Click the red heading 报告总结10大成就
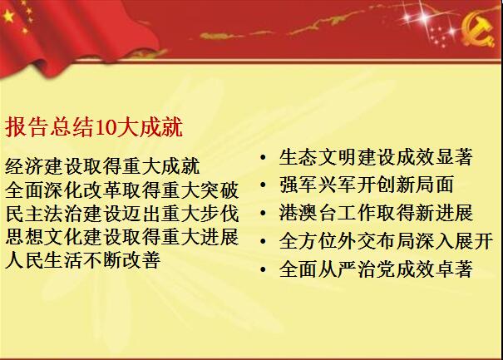(94, 127)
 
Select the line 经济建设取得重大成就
(102, 166)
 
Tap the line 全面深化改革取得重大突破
(122, 190)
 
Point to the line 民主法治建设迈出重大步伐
(122, 214)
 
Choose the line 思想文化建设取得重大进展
(122, 237)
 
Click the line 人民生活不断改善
(83, 260)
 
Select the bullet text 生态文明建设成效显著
(376, 157)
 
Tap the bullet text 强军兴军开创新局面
(367, 185)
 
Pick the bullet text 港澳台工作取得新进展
(376, 213)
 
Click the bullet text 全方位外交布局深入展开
(386, 240)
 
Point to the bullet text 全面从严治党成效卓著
(376, 269)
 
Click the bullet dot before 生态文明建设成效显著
(263, 157)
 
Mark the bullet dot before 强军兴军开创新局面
(263, 185)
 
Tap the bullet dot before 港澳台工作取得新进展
(263, 213)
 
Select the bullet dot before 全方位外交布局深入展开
(263, 241)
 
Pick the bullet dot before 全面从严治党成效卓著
(263, 269)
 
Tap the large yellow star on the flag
(8, 16)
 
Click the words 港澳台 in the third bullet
(308, 213)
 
